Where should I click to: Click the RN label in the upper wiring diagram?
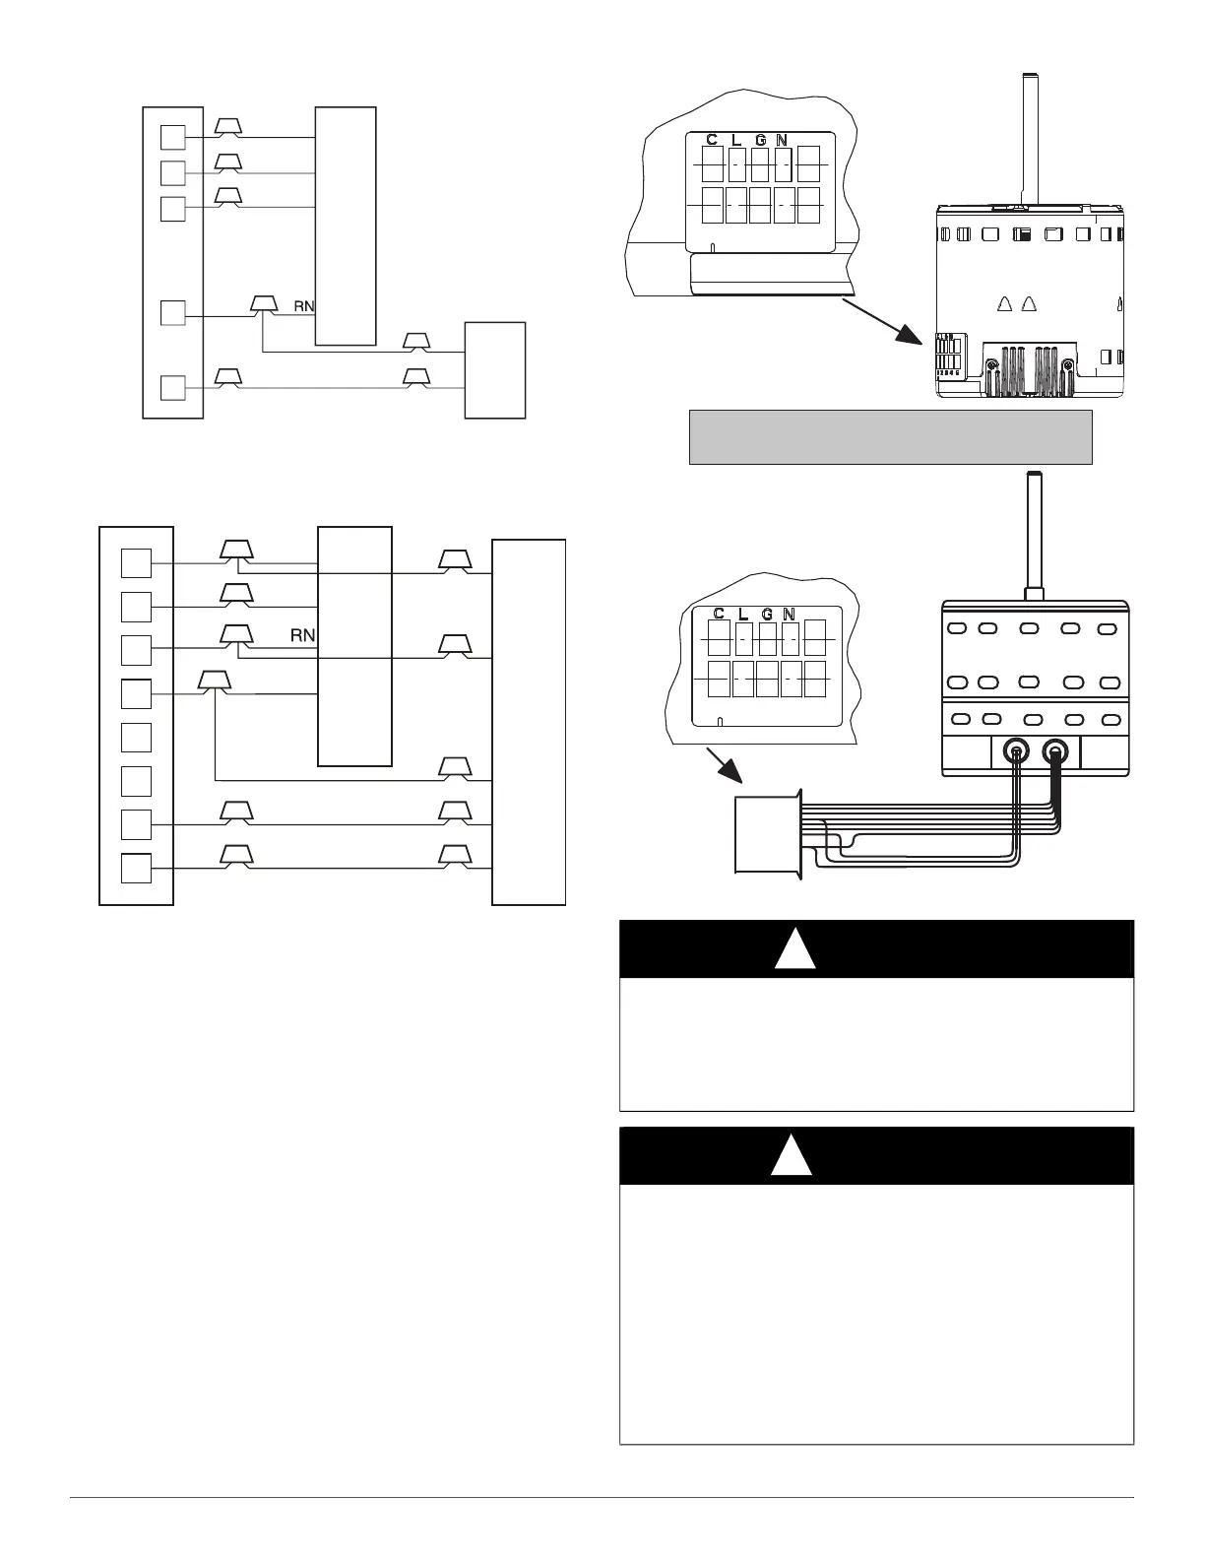304,306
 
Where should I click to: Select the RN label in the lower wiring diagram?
302,636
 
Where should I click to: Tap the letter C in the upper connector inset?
712,140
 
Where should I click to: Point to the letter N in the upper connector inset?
782,140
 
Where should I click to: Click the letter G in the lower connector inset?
767,615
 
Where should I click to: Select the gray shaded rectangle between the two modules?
890,436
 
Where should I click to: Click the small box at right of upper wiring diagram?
495,370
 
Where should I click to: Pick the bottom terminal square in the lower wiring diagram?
136,869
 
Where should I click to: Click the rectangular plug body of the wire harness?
766,834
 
